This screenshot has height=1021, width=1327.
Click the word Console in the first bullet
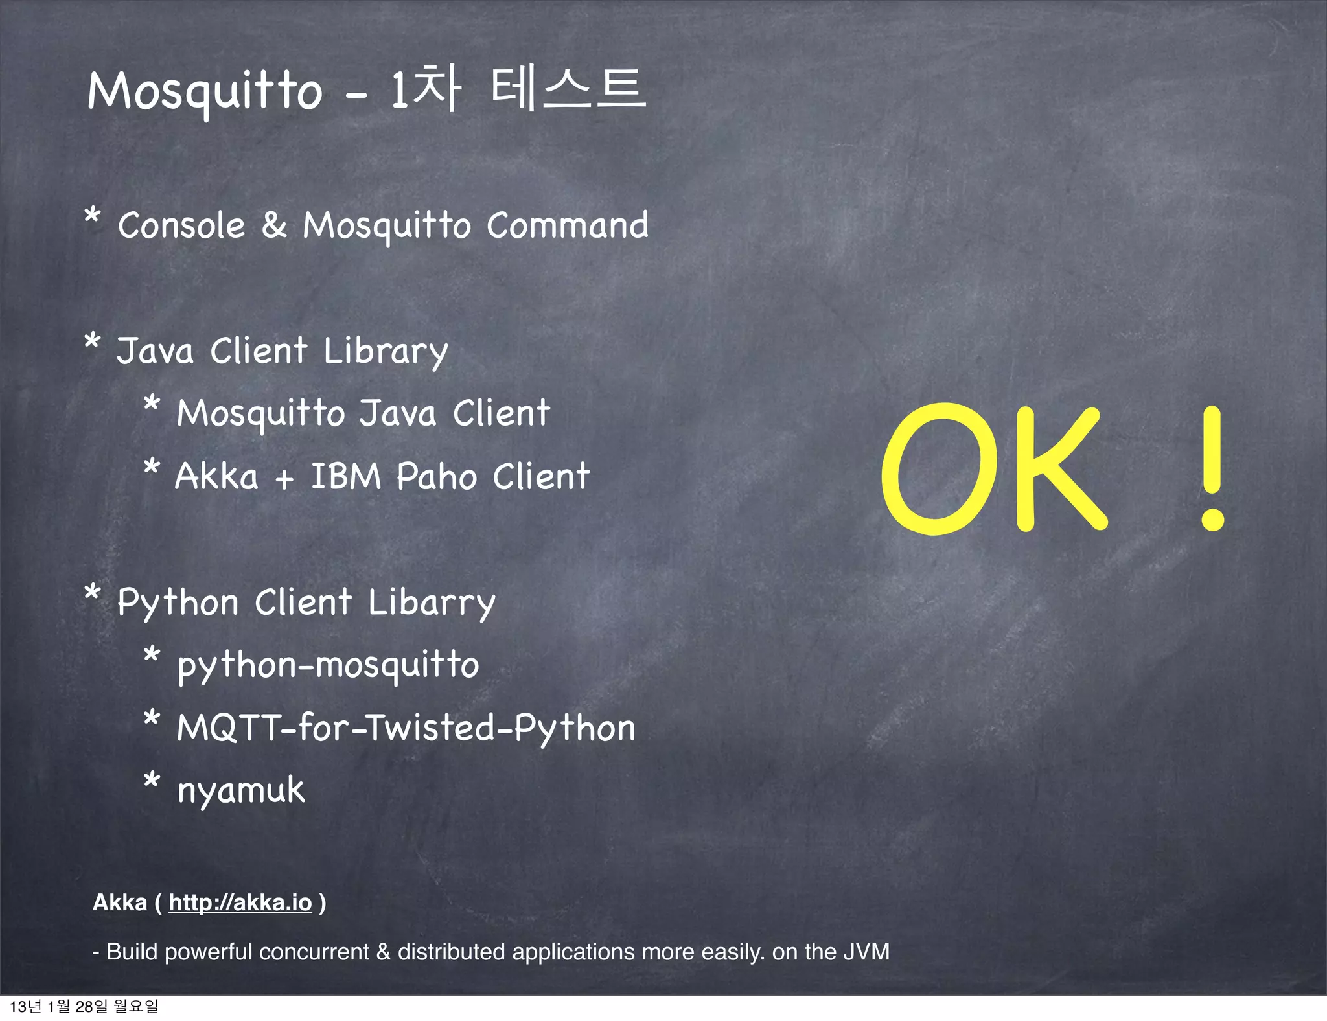(x=181, y=225)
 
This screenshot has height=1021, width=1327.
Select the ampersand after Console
(x=274, y=225)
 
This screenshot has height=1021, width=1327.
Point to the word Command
(x=567, y=225)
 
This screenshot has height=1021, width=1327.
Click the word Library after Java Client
(x=386, y=352)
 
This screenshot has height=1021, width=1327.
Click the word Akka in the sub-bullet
(x=217, y=477)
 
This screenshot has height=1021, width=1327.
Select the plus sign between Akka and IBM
(x=284, y=480)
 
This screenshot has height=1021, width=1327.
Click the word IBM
(x=346, y=477)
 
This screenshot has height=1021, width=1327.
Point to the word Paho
(x=437, y=477)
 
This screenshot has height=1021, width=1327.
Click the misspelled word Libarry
(x=432, y=603)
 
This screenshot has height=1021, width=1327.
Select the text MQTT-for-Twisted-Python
(x=406, y=728)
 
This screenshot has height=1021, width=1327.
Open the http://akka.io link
(x=240, y=902)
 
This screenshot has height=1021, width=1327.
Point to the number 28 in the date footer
(x=84, y=1006)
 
